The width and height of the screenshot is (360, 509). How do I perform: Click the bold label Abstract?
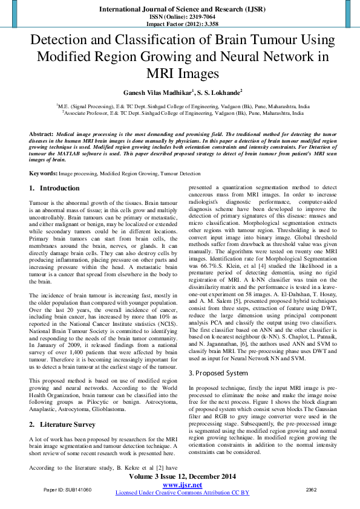pos(41,132)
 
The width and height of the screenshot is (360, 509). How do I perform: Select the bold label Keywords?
pos(44,173)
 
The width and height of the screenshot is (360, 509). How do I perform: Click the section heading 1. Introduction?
pos(54,189)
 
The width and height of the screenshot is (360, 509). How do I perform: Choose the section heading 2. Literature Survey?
pos(62,424)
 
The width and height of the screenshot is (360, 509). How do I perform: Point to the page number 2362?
pos(312,490)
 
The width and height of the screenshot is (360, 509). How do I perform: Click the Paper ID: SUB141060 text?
pos(68,490)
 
